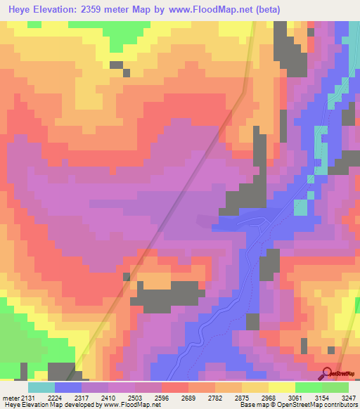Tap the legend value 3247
[x=347, y=397]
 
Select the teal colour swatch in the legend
[x=41, y=387]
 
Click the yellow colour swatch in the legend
[x=282, y=387]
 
